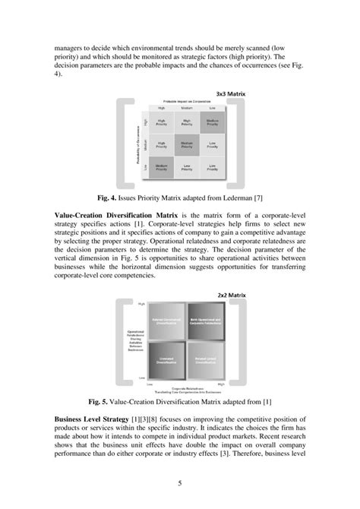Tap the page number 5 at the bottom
pyautogui.click(x=180, y=481)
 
